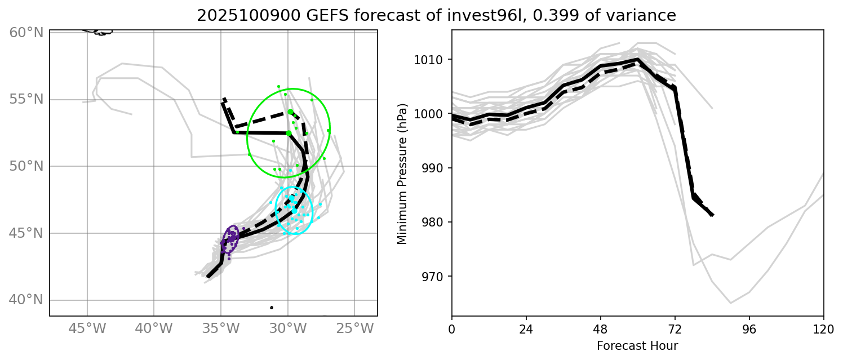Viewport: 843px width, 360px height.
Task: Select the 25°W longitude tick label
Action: pyautogui.click(x=355, y=328)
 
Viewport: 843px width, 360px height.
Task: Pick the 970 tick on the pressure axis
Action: pyautogui.click(x=435, y=277)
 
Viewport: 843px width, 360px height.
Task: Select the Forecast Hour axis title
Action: pyautogui.click(x=637, y=345)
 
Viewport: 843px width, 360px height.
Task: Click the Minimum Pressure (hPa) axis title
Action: pyautogui.click(x=402, y=174)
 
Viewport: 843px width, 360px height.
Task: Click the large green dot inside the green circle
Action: pyautogui.click(x=289, y=133)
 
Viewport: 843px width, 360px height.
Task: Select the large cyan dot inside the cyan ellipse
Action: pyautogui.click(x=294, y=211)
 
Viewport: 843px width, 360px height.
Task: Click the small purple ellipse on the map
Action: pyautogui.click(x=230, y=239)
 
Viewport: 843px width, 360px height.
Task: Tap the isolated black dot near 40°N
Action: pyautogui.click(x=272, y=308)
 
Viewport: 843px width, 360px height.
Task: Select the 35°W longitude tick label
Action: pyautogui.click(x=220, y=328)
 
